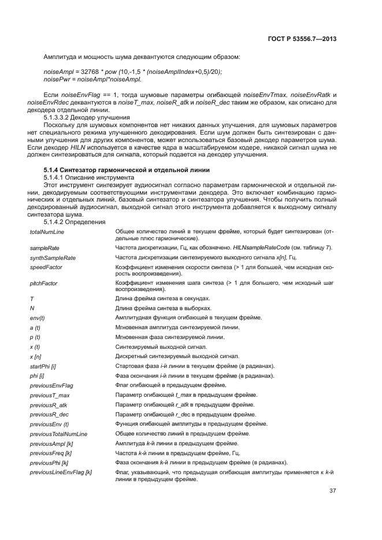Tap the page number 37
[333, 491]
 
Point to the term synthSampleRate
[53, 258]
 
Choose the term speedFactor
[46, 267]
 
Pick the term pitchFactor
[45, 284]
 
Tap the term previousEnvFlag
[51, 385]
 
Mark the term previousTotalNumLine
[58, 433]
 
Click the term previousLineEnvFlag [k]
[61, 472]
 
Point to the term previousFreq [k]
[51, 453]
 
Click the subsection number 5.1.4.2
[53, 221]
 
